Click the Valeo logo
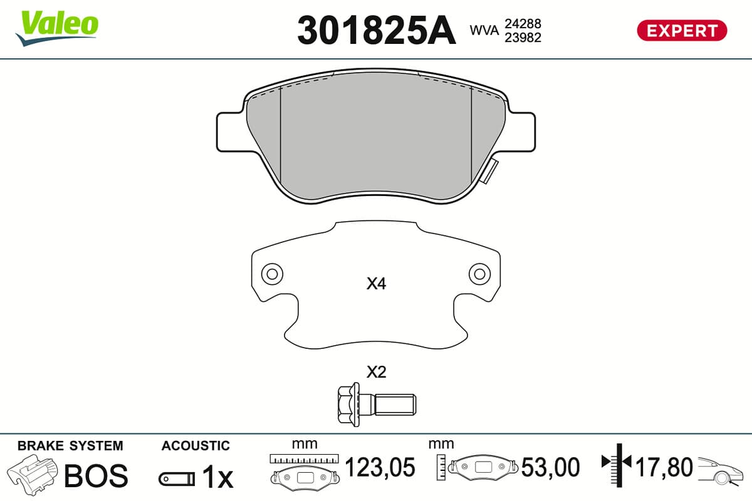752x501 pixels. click(57, 29)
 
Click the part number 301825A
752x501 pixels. click(377, 31)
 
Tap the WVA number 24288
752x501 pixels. click(523, 24)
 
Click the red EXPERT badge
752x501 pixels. click(682, 31)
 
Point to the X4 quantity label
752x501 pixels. click(377, 284)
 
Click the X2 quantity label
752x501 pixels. click(377, 372)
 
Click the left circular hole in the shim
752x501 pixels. click(272, 274)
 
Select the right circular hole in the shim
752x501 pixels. click(480, 274)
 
